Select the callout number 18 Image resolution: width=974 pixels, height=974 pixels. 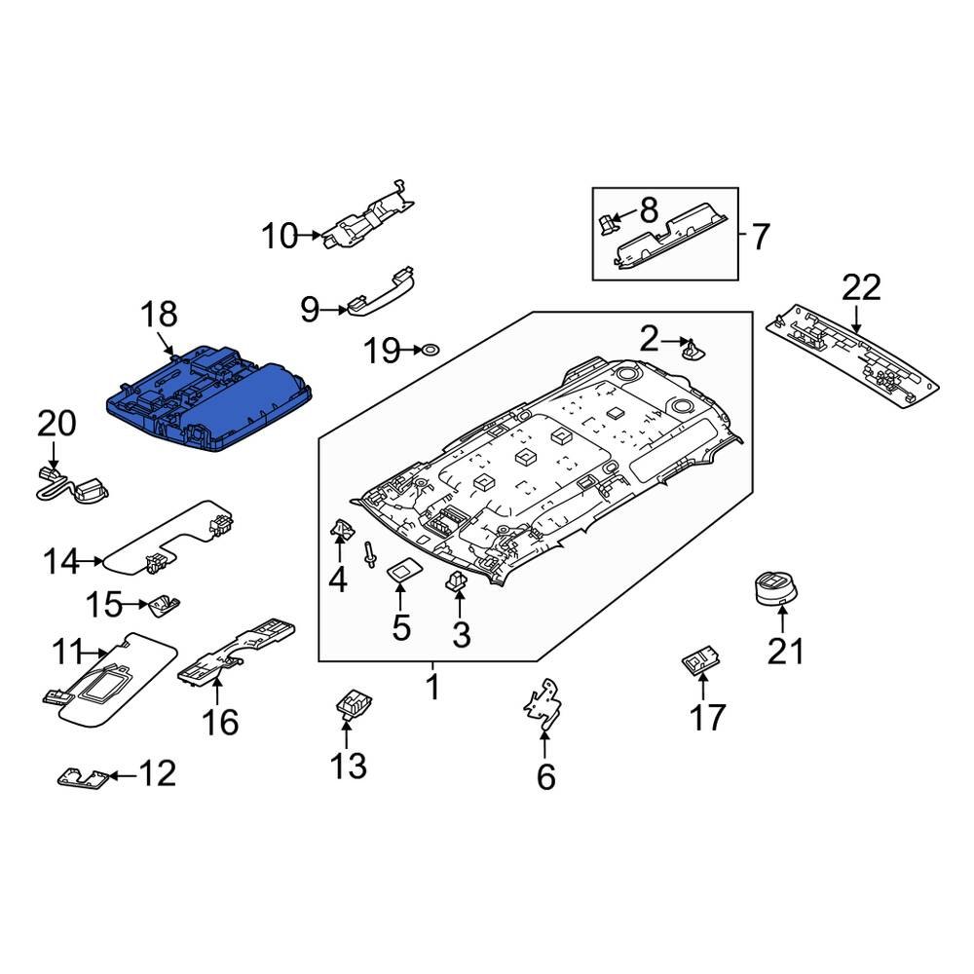pos(160,315)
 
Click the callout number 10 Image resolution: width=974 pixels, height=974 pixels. pos(280,235)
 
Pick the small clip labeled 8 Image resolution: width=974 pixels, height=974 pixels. pos(608,223)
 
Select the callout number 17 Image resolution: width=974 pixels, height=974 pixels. pos(707,717)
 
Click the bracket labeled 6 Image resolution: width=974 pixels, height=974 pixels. pos(543,705)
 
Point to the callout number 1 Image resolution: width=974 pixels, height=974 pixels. pos(431,689)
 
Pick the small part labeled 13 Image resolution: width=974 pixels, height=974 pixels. pos(352,703)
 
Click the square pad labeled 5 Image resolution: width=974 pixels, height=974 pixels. pos(399,570)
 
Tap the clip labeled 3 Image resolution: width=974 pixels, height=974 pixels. pos(455,584)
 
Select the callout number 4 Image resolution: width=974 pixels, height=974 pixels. pos(337,581)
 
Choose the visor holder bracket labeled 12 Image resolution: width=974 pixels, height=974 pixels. pos(80,777)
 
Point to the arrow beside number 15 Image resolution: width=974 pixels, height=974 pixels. pos(139,606)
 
